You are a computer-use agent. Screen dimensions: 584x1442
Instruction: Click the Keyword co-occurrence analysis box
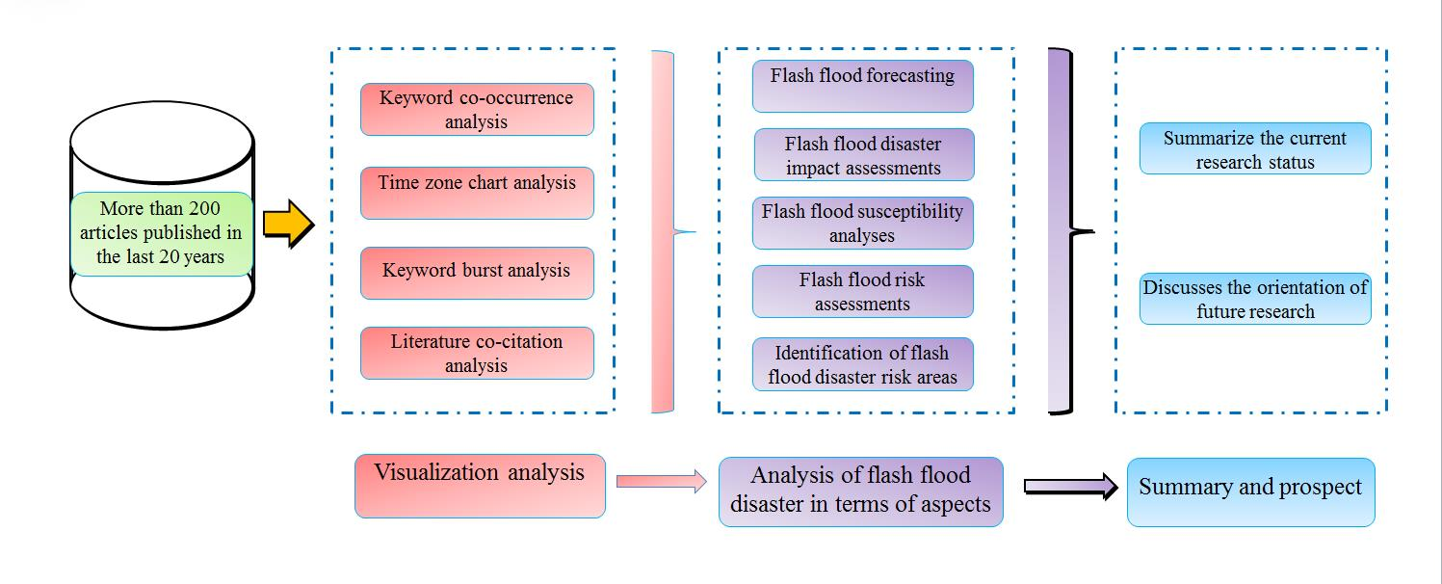(x=477, y=110)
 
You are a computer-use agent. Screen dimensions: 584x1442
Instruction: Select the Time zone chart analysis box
(x=477, y=193)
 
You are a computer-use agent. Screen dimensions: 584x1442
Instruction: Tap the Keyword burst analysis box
(x=477, y=273)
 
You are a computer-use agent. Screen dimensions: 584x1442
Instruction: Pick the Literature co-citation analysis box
(x=477, y=354)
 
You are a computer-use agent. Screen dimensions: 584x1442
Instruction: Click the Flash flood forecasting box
(x=862, y=86)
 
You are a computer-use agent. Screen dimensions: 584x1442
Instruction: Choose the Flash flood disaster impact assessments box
(x=863, y=155)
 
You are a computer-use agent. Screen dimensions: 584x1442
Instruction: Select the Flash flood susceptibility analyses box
(x=862, y=223)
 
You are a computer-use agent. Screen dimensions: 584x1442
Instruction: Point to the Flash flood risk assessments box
(x=862, y=292)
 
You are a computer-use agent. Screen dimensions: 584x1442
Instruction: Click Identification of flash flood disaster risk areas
(x=862, y=364)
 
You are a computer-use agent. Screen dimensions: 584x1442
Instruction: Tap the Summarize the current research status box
(x=1254, y=149)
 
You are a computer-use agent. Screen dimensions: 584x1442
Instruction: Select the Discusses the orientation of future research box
(x=1254, y=299)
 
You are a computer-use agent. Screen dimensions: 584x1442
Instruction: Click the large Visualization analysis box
(x=480, y=486)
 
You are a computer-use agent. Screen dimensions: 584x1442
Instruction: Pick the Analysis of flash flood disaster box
(x=860, y=491)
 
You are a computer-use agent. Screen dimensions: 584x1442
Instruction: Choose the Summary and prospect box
(x=1250, y=491)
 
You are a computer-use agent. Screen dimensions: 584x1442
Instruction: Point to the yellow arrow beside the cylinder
(x=288, y=226)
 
